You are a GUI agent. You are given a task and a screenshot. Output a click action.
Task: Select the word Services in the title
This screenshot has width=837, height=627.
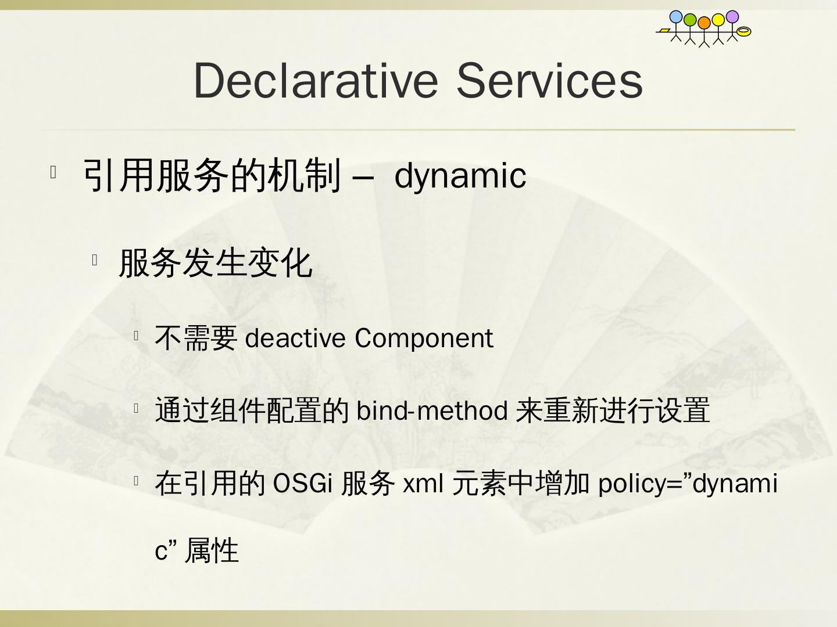[x=550, y=80]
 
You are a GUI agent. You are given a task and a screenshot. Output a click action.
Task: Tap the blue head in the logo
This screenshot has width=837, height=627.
[x=675, y=17]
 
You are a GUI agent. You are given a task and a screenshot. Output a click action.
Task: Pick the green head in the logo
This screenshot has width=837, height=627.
[x=690, y=20]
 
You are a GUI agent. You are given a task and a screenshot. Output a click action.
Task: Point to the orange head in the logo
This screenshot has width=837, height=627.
[x=704, y=23]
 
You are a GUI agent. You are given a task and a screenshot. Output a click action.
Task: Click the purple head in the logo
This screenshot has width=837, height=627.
[x=732, y=17]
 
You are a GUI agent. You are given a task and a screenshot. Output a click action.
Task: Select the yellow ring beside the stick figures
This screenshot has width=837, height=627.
[x=744, y=31]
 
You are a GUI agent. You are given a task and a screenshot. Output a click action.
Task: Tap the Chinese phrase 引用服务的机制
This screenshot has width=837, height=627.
[x=212, y=175]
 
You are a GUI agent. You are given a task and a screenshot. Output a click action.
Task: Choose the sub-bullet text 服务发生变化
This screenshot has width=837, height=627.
[x=216, y=263]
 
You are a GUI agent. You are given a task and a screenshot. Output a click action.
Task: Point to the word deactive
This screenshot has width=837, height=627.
[x=295, y=338]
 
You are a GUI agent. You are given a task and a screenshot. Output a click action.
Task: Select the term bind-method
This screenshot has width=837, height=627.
[x=432, y=411]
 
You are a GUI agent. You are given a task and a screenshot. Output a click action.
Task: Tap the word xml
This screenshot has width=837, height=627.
[x=423, y=484]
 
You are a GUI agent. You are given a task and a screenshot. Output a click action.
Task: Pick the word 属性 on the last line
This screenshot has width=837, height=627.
[x=212, y=550]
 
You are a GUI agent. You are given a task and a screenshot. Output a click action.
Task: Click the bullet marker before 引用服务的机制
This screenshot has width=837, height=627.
[x=53, y=172]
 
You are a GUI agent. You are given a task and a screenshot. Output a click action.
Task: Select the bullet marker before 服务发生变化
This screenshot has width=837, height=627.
[x=95, y=260]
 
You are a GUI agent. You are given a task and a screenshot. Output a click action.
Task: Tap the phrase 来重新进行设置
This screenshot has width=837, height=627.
[x=613, y=410]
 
